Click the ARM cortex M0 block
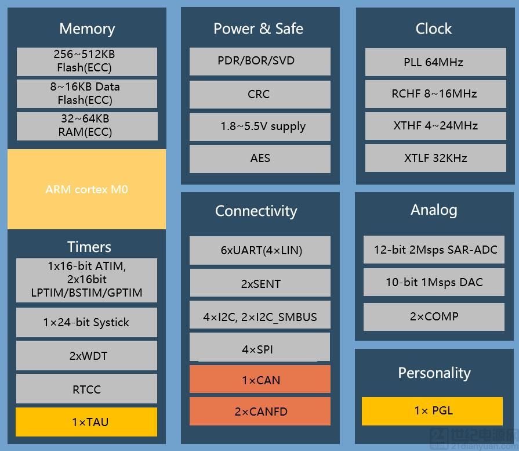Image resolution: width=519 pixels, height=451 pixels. (x=87, y=189)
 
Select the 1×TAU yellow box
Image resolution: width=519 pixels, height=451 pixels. (x=86, y=422)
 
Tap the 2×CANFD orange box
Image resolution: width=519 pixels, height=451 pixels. (x=260, y=411)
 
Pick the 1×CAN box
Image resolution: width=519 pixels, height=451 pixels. (x=260, y=379)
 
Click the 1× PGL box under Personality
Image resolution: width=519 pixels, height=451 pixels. (x=432, y=411)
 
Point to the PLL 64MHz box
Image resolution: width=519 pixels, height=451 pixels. (x=435, y=62)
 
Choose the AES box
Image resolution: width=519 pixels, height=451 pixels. (x=260, y=158)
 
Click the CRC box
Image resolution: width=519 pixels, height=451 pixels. (x=260, y=94)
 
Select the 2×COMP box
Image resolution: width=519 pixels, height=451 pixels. (x=434, y=316)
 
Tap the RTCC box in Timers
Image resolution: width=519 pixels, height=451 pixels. (x=86, y=389)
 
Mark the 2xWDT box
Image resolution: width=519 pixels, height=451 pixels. (x=86, y=356)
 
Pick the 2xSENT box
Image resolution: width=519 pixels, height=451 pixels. (x=260, y=283)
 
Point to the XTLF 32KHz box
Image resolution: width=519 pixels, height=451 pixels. (x=435, y=158)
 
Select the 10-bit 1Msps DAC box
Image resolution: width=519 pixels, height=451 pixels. (x=434, y=282)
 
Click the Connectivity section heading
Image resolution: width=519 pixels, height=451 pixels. (x=256, y=211)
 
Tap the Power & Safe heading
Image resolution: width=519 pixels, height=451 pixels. (x=258, y=28)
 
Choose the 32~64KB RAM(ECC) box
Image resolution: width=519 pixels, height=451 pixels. (x=87, y=126)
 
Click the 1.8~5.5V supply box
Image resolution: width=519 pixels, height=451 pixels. (x=260, y=127)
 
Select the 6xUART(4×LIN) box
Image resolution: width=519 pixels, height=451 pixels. (x=260, y=250)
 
